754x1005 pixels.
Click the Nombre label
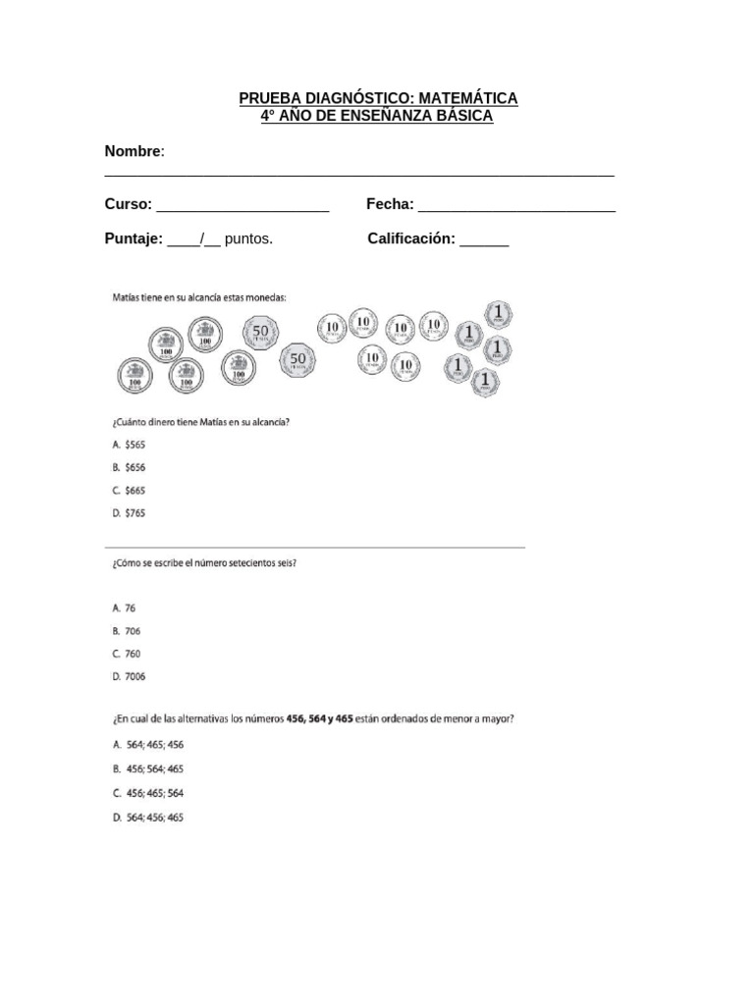(133, 151)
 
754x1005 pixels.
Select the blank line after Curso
(242, 207)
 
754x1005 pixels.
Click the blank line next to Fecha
(516, 207)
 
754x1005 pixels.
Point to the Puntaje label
(134, 238)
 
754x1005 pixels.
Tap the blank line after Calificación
(484, 241)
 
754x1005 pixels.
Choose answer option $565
(135, 445)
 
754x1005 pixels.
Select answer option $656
(135, 467)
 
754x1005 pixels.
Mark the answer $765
(135, 512)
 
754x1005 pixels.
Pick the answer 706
(133, 631)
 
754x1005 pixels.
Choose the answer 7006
(135, 676)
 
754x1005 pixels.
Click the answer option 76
(130, 608)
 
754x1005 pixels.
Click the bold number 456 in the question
(296, 718)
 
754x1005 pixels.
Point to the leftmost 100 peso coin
(132, 373)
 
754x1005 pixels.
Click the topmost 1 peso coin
(499, 315)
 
